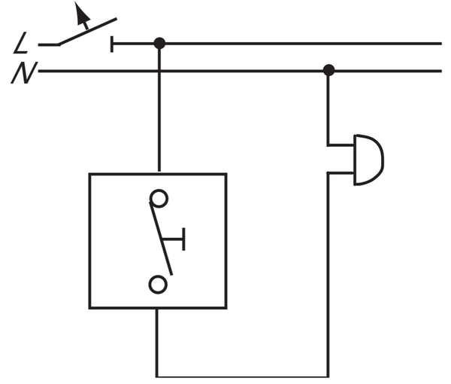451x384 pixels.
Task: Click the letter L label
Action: tap(21, 43)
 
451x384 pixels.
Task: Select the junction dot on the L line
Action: tap(159, 44)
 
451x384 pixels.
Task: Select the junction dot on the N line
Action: tap(328, 70)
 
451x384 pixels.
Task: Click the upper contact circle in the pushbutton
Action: tap(159, 199)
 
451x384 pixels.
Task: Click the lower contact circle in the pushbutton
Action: tap(158, 285)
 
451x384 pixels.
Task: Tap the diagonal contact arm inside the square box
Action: tap(161, 239)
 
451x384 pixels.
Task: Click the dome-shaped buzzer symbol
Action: tap(369, 160)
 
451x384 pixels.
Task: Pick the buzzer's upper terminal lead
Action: tap(341, 145)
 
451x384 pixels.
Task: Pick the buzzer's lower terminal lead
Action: tap(341, 173)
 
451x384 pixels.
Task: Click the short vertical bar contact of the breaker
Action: tap(112, 44)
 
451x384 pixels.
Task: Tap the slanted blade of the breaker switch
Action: tap(87, 32)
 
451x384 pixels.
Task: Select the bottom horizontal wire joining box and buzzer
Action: tap(243, 376)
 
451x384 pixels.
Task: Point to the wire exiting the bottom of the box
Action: tap(157, 343)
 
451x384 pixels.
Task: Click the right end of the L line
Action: tap(441, 44)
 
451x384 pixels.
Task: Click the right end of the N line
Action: tap(441, 71)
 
